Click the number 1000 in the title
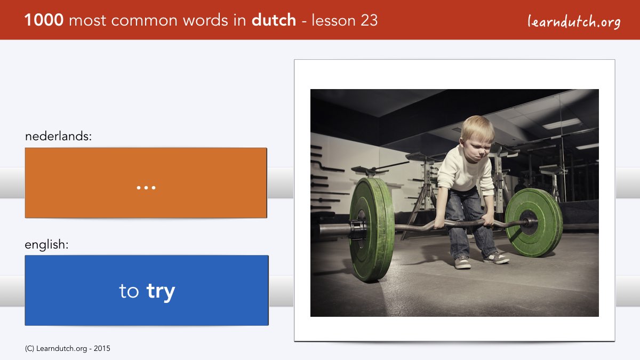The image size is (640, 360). tap(44, 20)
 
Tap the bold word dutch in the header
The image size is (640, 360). tap(274, 20)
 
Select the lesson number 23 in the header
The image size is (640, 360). tap(369, 21)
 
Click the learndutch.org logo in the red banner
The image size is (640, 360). tap(574, 22)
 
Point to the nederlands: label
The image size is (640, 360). tap(58, 137)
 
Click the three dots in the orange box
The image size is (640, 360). tap(146, 188)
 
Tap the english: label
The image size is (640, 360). tap(46, 245)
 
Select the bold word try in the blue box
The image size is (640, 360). tap(161, 292)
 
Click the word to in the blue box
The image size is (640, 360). tap(129, 291)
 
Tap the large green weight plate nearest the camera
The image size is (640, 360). tap(372, 229)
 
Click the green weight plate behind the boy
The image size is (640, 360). tap(534, 222)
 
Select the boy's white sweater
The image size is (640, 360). tap(465, 171)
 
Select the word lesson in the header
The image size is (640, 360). tap(334, 21)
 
